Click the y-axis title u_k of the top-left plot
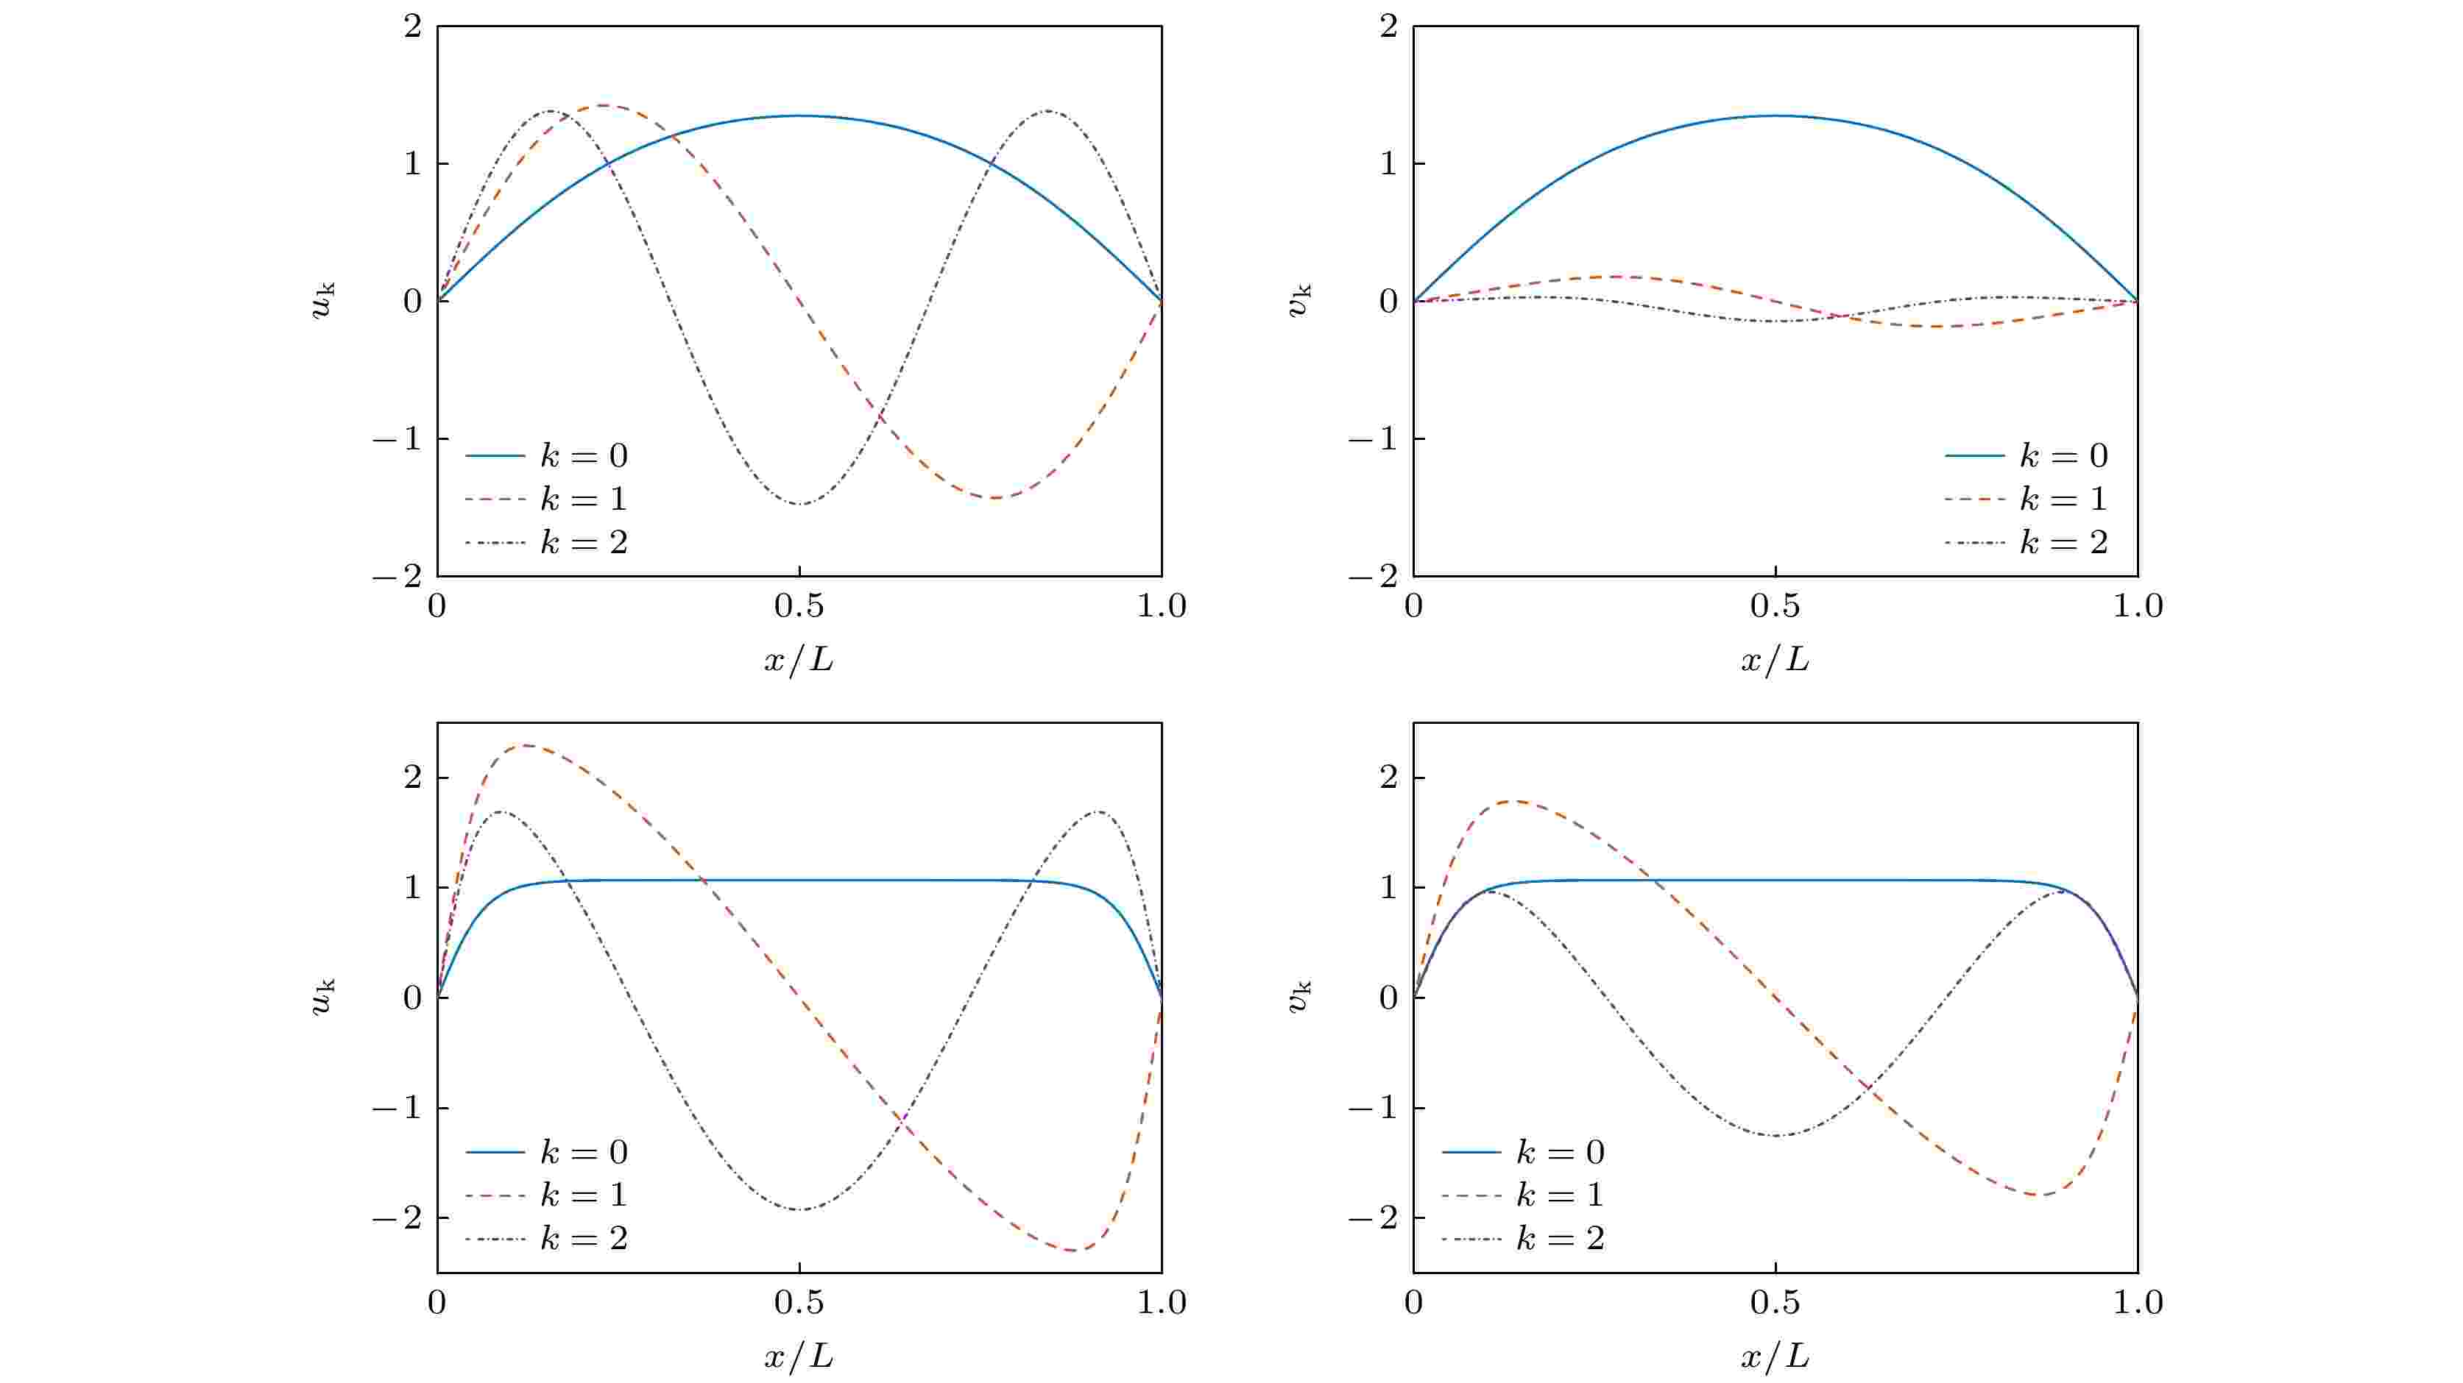(323, 300)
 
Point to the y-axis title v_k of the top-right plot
(1299, 300)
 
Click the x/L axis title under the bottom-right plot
(1775, 1357)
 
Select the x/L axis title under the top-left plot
(799, 659)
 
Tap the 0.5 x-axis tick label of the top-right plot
(1775, 606)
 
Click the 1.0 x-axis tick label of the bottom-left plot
(1161, 1303)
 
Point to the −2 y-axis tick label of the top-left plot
(397, 576)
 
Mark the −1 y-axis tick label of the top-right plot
(1373, 438)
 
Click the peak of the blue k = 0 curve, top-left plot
(799, 115)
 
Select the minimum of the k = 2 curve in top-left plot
(800, 504)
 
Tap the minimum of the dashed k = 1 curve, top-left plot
(994, 498)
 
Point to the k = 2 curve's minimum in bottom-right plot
(1775, 1135)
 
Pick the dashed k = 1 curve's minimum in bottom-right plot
(2038, 1195)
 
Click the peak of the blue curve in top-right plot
(1775, 115)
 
